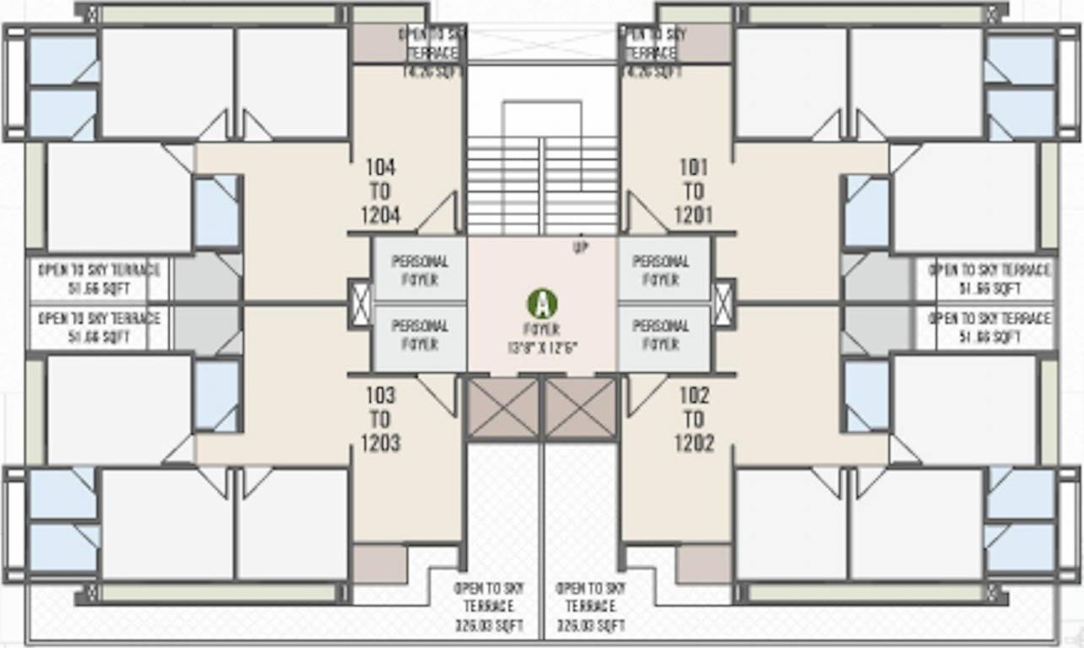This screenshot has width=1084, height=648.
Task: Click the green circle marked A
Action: click(542, 303)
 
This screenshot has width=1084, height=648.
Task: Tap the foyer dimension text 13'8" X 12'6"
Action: click(541, 347)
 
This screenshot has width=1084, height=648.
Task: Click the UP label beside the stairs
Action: click(581, 248)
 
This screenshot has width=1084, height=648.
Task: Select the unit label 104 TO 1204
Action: click(380, 192)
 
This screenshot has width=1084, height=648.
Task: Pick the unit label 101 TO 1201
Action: click(693, 192)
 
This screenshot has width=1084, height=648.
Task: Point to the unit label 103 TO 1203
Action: click(380, 419)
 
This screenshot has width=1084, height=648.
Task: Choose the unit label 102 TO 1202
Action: click(693, 419)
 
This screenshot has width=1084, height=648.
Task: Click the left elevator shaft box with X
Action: click(502, 409)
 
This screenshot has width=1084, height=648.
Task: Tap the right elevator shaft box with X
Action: click(580, 409)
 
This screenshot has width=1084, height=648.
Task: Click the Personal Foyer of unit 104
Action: click(420, 270)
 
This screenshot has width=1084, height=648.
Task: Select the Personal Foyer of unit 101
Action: click(661, 270)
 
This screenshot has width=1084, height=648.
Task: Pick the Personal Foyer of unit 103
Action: click(420, 335)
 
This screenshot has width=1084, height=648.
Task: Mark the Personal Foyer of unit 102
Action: click(661, 335)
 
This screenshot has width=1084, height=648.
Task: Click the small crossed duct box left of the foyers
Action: click(360, 302)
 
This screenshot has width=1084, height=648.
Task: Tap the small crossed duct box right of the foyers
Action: click(724, 302)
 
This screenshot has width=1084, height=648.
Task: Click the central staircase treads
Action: click(542, 186)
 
